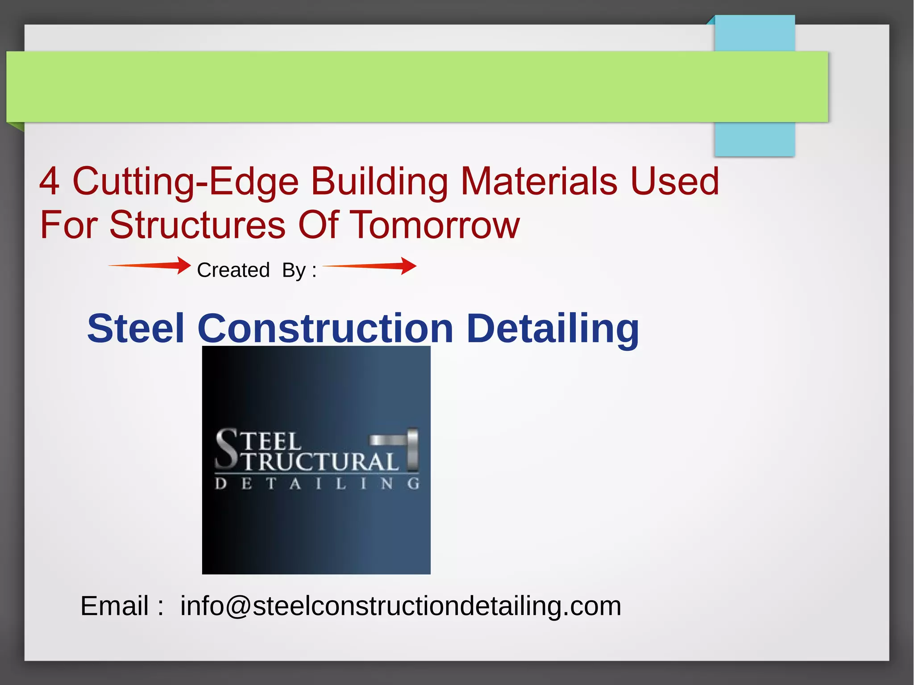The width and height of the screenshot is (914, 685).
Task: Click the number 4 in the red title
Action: click(49, 182)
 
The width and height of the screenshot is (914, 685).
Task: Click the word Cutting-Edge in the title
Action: click(185, 182)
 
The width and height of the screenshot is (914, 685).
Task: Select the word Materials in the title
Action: click(539, 182)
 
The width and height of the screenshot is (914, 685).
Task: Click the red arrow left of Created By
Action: click(150, 265)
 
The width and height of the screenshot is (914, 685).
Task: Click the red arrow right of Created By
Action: click(370, 266)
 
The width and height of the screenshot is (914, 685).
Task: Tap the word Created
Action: click(233, 270)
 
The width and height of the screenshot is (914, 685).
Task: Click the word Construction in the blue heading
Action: click(325, 328)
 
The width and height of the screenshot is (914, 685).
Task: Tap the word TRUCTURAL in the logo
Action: click(320, 462)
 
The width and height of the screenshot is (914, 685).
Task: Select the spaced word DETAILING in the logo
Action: click(317, 484)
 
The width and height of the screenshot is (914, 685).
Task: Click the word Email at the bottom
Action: click(114, 606)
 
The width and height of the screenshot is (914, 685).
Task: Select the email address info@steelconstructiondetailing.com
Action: click(400, 606)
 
